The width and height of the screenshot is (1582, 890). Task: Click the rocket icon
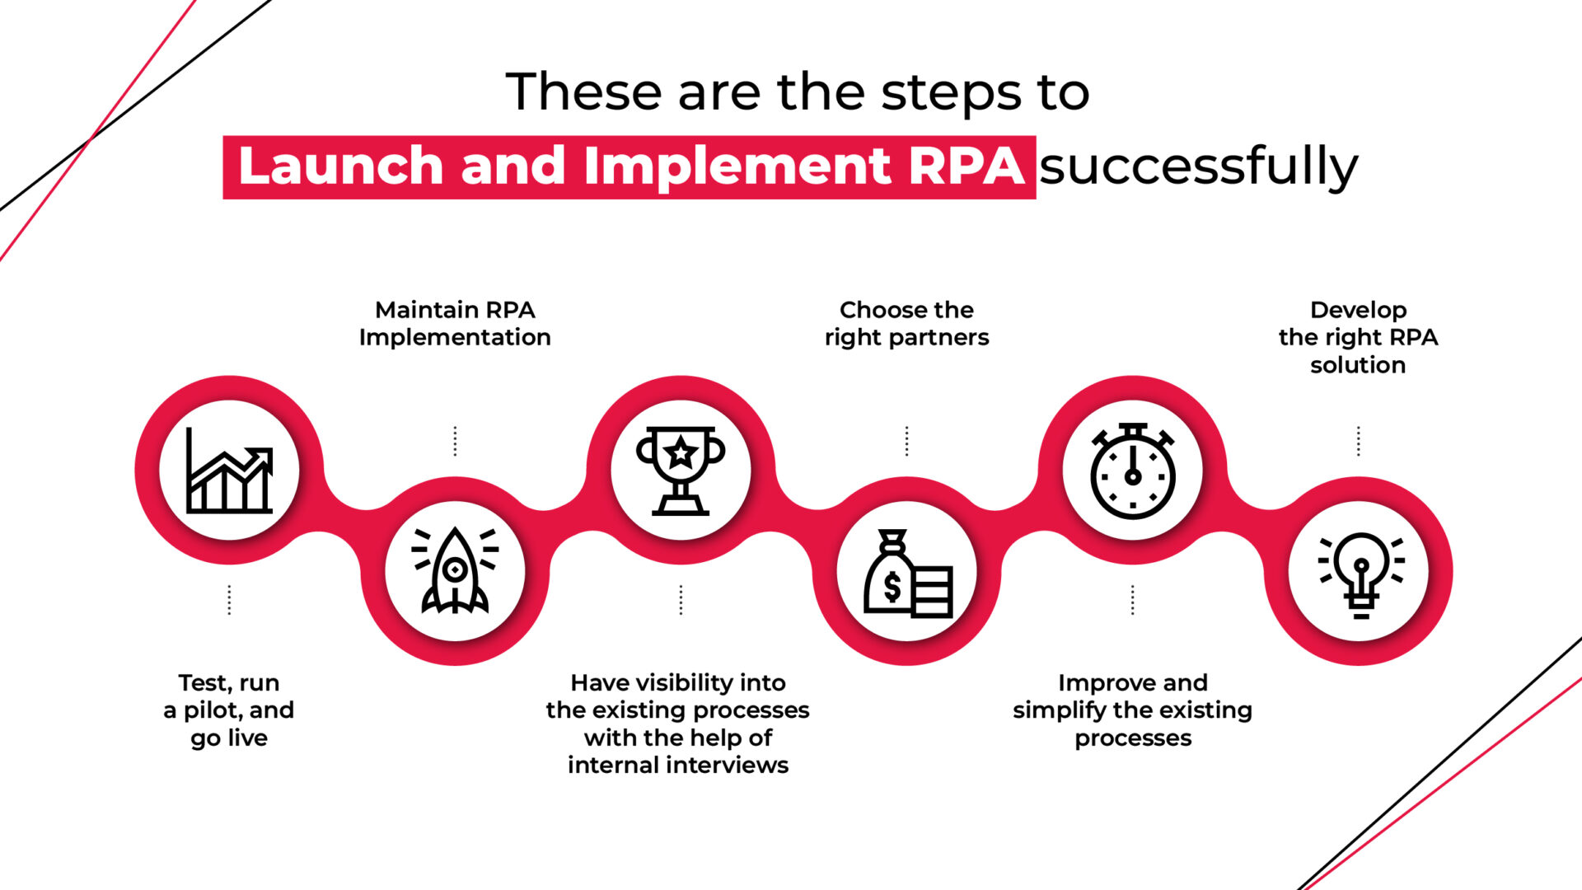point(455,571)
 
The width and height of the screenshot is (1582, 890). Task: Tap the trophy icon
point(681,471)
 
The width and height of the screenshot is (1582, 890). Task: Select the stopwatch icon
point(1132,471)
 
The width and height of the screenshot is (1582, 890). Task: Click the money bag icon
point(906,574)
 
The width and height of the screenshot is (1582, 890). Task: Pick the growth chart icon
point(229,471)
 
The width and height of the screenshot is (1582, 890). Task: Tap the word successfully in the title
point(1198,166)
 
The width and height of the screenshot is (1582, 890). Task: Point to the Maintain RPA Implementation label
point(455,323)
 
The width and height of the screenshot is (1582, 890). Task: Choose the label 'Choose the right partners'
point(906,323)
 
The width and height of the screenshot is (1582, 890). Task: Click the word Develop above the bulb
point(1358,310)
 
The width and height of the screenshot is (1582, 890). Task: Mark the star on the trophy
point(681,452)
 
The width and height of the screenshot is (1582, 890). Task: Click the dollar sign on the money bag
point(892,587)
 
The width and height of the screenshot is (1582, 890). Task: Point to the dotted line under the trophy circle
point(681,600)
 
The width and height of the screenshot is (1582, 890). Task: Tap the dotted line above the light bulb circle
point(1358,441)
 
